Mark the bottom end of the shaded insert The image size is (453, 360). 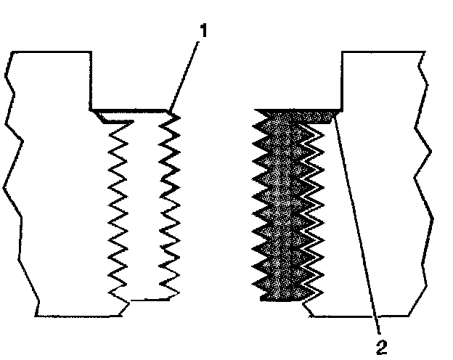[x=280, y=297]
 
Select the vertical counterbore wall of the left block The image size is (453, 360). [x=91, y=80]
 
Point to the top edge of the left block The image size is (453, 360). [x=51, y=52]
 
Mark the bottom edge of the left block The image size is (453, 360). [x=76, y=316]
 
